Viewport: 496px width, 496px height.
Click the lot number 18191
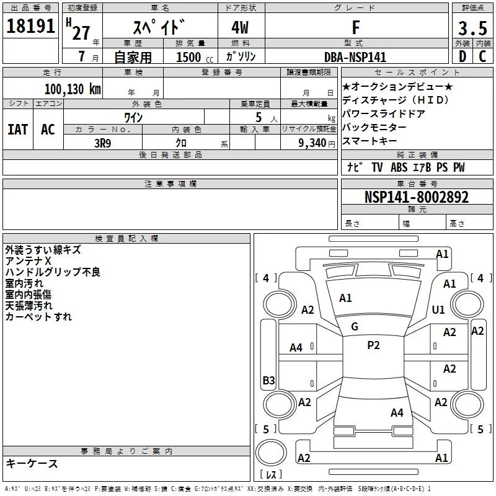pyautogui.click(x=31, y=27)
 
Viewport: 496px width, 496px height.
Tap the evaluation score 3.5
pyautogui.click(x=471, y=29)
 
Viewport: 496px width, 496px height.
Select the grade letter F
pyautogui.click(x=355, y=27)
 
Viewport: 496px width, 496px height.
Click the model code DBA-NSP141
pyautogui.click(x=355, y=57)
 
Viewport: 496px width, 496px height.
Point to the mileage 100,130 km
pyautogui.click(x=73, y=89)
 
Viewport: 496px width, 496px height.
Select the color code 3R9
pyautogui.click(x=104, y=142)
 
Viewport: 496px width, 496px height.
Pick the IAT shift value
pyautogui.click(x=17, y=129)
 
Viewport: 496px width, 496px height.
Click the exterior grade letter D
pyautogui.click(x=462, y=57)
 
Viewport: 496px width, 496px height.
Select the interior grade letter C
pyautogui.click(x=482, y=57)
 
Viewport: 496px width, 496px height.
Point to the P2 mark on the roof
pyautogui.click(x=373, y=345)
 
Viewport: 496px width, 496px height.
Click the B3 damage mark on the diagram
pyautogui.click(x=268, y=381)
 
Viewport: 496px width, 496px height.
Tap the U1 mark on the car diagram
pyautogui.click(x=439, y=309)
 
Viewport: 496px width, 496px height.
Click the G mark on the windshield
pyautogui.click(x=355, y=326)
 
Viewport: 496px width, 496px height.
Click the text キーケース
pyautogui.click(x=32, y=463)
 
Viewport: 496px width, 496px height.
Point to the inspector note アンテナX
pyautogui.click(x=28, y=261)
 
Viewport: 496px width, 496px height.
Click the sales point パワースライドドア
pyautogui.click(x=383, y=113)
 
